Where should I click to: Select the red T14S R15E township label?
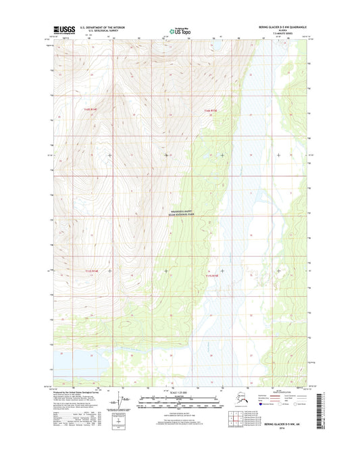[x=212, y=110]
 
